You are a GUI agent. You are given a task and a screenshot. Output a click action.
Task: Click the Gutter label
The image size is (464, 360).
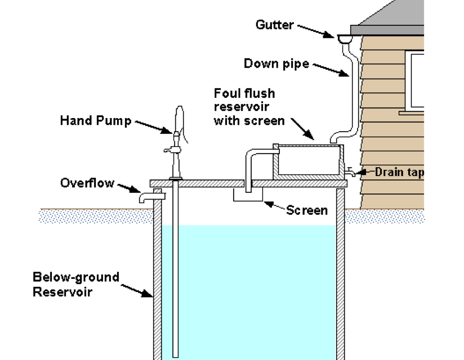(x=275, y=24)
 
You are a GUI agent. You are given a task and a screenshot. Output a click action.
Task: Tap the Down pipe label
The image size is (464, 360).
(x=276, y=64)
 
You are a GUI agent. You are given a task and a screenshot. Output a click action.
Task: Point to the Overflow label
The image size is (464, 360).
(x=87, y=183)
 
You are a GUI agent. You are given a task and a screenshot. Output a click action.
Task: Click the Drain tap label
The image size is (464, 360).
(x=399, y=172)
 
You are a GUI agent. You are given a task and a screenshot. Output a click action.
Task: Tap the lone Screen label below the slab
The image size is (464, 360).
(x=306, y=210)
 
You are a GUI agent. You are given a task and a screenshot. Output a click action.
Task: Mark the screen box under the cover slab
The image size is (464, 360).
(x=248, y=195)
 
